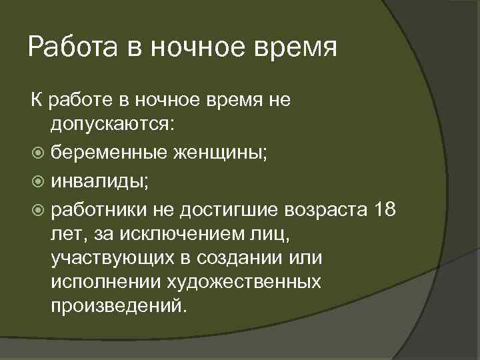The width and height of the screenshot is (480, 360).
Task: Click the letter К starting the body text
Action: [36, 101]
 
